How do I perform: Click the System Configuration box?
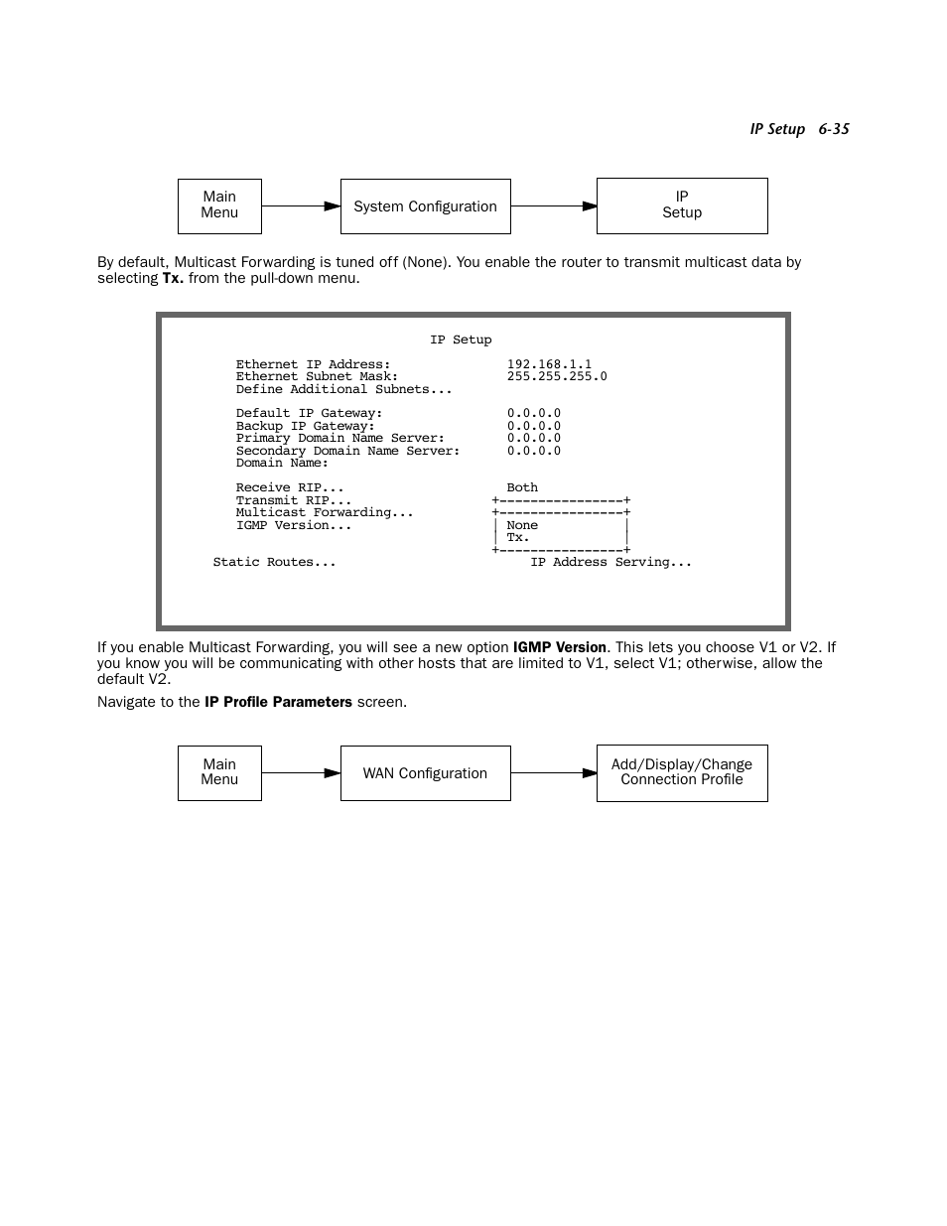click(x=425, y=206)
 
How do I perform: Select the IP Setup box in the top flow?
click(x=681, y=205)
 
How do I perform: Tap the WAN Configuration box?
click(x=425, y=773)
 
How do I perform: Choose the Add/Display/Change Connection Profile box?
click(x=681, y=772)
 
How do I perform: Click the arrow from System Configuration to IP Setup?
click(x=553, y=206)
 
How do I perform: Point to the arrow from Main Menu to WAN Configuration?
click(x=301, y=773)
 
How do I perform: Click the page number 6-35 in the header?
click(x=834, y=129)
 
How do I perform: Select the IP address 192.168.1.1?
click(x=549, y=364)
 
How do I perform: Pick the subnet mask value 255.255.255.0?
click(x=557, y=377)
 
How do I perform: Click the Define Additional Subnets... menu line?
click(x=343, y=389)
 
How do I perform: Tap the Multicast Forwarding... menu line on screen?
click(x=325, y=513)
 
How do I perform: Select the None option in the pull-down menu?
click(x=522, y=526)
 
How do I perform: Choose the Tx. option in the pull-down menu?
click(x=518, y=538)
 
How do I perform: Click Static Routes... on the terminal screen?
click(x=274, y=562)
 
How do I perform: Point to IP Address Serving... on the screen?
click(x=610, y=562)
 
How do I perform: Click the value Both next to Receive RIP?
click(x=522, y=488)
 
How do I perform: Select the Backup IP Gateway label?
click(x=305, y=426)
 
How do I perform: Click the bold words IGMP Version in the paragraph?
click(x=559, y=647)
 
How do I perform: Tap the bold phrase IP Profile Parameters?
click(x=278, y=702)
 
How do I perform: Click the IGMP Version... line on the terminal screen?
click(x=294, y=526)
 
